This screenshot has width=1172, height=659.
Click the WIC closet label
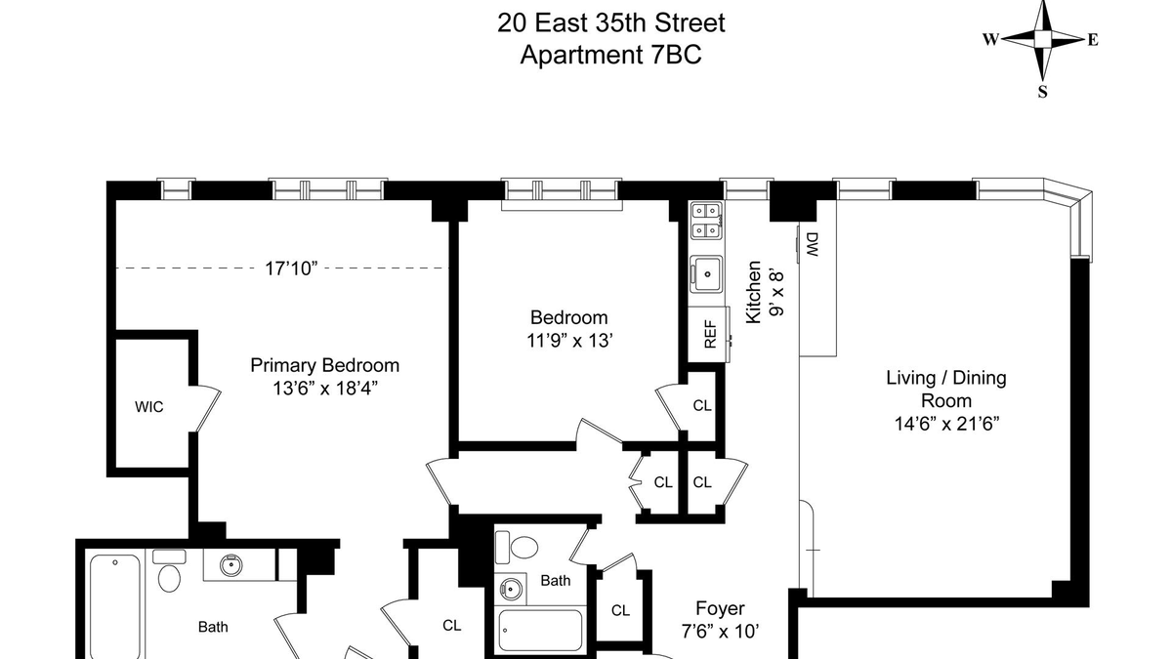pyautogui.click(x=149, y=407)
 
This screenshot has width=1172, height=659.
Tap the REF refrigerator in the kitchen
pyautogui.click(x=708, y=334)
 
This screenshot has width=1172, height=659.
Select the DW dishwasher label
pyautogui.click(x=812, y=245)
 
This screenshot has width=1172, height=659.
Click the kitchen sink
pyautogui.click(x=706, y=274)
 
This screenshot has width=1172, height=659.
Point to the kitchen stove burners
pyautogui.click(x=706, y=221)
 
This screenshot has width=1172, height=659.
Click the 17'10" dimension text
pyautogui.click(x=291, y=268)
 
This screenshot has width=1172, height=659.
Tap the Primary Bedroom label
pyautogui.click(x=325, y=365)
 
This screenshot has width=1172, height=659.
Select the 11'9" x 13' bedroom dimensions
pyautogui.click(x=569, y=341)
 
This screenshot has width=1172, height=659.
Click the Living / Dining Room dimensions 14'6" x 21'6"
pyautogui.click(x=946, y=423)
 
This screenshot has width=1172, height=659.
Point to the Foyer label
pyautogui.click(x=720, y=608)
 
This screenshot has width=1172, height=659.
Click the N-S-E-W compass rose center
pyautogui.click(x=1042, y=39)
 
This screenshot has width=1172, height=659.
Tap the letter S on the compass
pyautogui.click(x=1043, y=92)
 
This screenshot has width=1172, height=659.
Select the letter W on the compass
pyautogui.click(x=991, y=39)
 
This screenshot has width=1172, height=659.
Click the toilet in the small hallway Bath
pyautogui.click(x=517, y=547)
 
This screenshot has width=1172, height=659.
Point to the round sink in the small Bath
pyautogui.click(x=511, y=590)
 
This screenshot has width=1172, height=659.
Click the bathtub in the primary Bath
pyautogui.click(x=115, y=606)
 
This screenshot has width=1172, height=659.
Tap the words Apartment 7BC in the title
pyautogui.click(x=610, y=55)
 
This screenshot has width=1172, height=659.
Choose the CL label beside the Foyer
pyautogui.click(x=620, y=610)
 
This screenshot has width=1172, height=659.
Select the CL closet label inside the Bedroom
pyautogui.click(x=702, y=405)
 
